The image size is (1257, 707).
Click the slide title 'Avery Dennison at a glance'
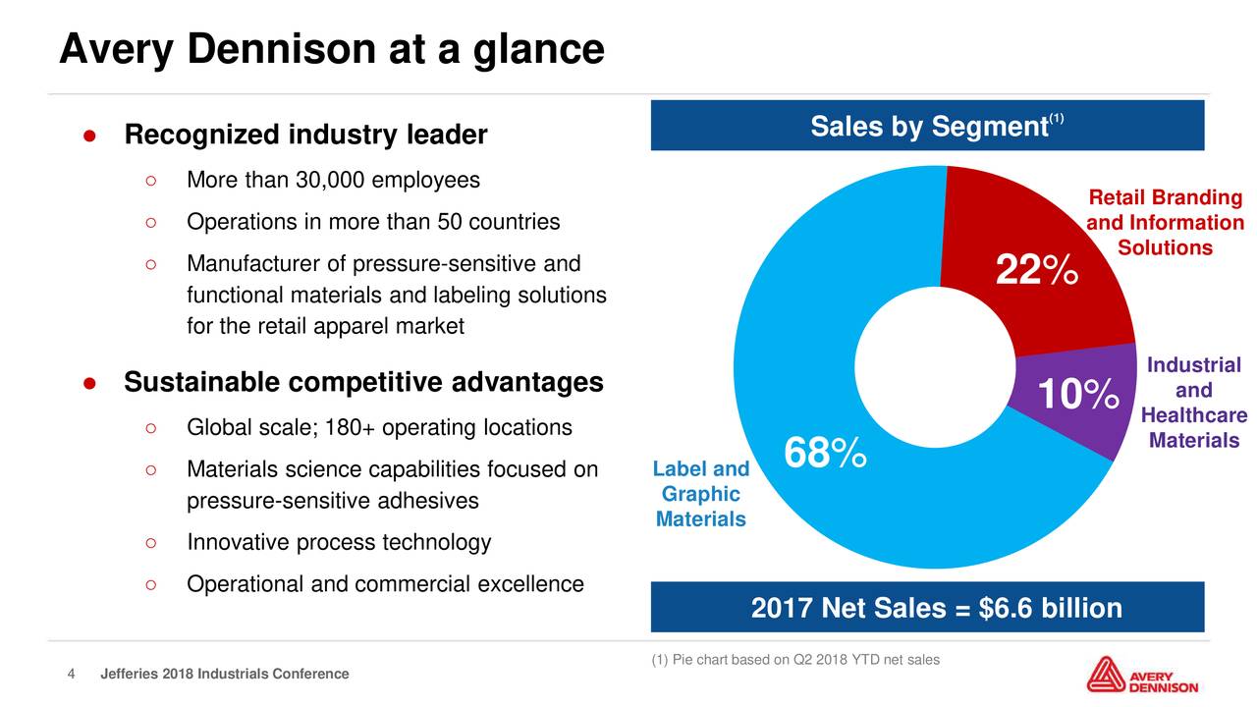pos(331,48)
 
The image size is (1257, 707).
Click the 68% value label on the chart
pos(825,455)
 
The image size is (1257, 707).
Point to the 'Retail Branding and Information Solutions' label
pos(1165,223)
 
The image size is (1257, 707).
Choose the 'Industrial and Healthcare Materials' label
pos(1193,403)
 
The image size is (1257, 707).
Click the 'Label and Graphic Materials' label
pos(700,494)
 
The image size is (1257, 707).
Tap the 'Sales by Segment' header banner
pos(927,127)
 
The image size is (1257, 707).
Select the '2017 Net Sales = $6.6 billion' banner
pos(927,609)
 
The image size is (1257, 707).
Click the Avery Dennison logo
pos(1142,676)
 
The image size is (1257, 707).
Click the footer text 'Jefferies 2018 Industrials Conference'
pos(225,674)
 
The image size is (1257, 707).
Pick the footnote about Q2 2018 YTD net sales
pos(795,660)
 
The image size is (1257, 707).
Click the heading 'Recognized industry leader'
pos(305,135)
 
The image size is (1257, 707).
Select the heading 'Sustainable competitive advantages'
pos(363,382)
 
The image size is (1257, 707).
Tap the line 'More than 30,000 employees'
pos(333,181)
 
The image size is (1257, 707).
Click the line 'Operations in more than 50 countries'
pos(373,222)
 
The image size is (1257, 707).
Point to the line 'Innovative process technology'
pos(338,543)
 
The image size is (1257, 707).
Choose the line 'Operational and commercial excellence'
pos(385,584)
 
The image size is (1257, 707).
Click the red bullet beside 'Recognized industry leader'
pos(88,136)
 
